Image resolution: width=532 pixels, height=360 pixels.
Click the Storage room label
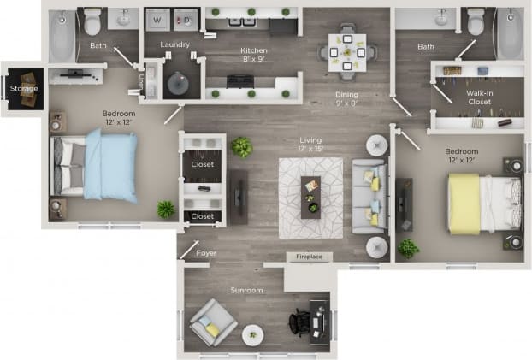tap(23, 88)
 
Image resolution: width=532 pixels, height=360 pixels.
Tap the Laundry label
tap(174, 44)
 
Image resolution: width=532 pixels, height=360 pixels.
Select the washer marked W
tap(157, 18)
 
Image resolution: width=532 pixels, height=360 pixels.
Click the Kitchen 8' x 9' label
tap(254, 56)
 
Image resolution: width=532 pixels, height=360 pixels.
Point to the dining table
tap(347, 51)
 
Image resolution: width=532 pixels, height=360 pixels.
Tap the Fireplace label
tap(309, 257)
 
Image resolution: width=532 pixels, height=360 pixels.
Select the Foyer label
tap(206, 253)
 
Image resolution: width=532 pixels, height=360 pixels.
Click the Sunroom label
tap(246, 291)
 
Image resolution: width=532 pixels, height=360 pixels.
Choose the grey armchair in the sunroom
tap(212, 322)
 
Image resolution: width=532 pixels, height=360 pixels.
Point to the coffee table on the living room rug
tap(310, 195)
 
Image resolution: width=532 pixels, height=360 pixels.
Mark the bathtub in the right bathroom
tap(509, 34)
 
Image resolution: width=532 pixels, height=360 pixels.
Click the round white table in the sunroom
tap(252, 334)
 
